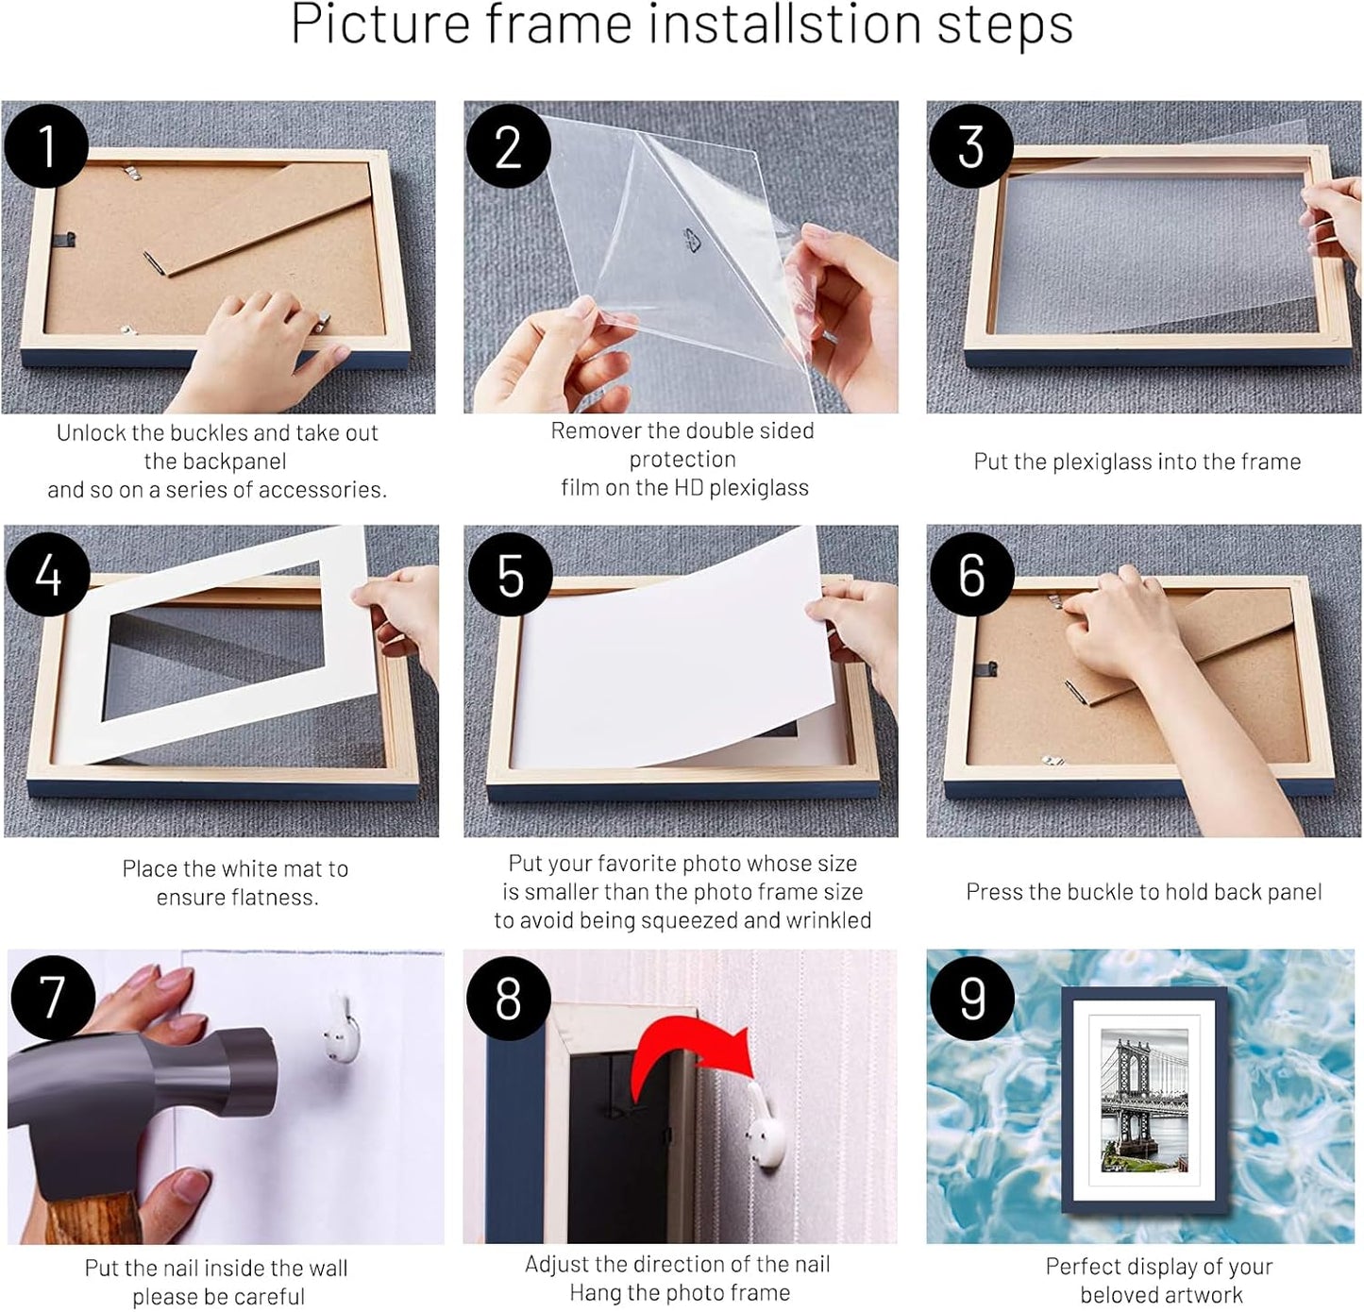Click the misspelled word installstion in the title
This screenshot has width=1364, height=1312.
coord(783,25)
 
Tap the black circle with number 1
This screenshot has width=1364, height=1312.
coord(46,146)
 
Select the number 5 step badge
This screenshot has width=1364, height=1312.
coord(510,575)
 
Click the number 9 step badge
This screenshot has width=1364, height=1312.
coord(971,998)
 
